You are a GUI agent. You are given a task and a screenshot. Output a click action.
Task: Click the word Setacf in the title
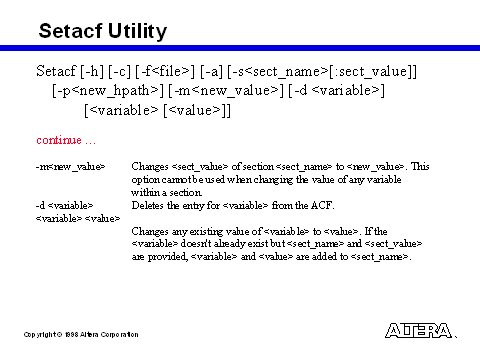point(70,31)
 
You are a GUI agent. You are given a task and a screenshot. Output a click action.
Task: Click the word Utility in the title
point(137,32)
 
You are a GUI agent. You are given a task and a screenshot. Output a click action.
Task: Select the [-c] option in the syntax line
point(119,71)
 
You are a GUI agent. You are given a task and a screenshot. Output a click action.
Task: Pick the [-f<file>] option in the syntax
point(165,71)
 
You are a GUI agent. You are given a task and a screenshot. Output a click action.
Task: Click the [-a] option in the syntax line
point(211,71)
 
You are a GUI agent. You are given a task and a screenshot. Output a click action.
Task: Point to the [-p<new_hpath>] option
point(108,91)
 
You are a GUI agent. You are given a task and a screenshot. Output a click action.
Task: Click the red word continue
point(59,140)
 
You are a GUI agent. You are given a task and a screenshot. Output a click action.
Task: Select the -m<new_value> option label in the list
point(70,166)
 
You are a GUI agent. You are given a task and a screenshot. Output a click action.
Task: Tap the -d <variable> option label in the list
point(64,205)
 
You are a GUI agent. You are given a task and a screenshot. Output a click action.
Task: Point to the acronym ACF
point(322,205)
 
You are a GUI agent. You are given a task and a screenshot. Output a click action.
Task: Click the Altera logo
point(418,331)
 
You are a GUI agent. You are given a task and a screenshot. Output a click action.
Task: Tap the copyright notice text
point(81,334)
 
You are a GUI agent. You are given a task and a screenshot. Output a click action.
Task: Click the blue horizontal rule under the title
point(240,48)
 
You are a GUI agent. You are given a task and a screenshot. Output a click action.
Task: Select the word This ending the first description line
point(420,166)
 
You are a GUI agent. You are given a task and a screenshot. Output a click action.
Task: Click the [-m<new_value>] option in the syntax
point(226,91)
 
